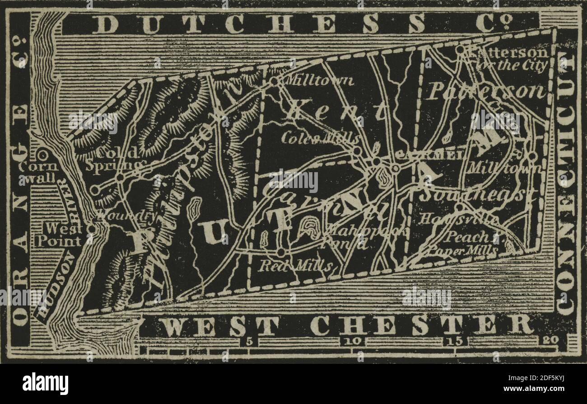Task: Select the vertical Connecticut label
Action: tap(567, 183)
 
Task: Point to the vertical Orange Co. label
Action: tap(21, 181)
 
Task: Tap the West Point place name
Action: tap(59, 235)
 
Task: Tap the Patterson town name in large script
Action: tap(485, 91)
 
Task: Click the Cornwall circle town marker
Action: tap(43, 155)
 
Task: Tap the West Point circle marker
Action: tap(92, 229)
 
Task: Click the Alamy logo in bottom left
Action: tap(45, 384)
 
